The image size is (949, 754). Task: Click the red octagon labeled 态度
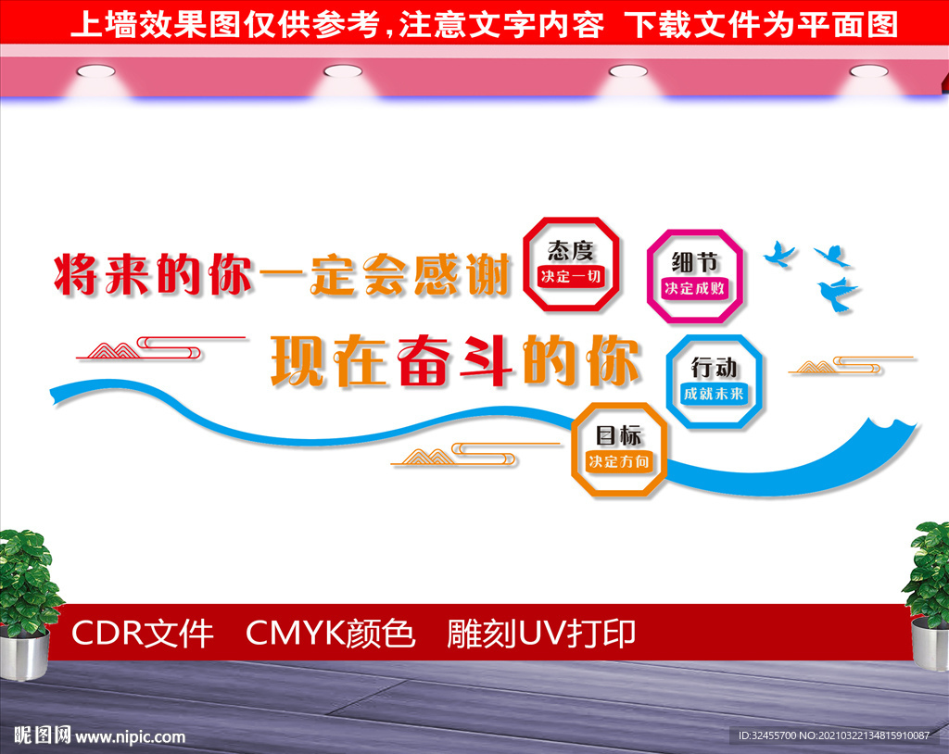pos(525,264)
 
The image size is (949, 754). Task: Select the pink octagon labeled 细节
pos(650,275)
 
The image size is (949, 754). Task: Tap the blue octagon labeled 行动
pos(669,382)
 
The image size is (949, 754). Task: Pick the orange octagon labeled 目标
pos(575,449)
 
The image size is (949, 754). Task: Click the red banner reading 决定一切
pos(571,277)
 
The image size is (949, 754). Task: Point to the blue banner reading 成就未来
pos(715,394)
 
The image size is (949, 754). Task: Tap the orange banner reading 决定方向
pos(619,461)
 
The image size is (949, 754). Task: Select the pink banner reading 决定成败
pos(695,288)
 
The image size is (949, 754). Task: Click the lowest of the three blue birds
pos(837,294)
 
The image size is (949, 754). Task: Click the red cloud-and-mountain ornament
pos(160,348)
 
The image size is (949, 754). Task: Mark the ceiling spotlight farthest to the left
pos(95,71)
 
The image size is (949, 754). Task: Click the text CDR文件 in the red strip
pos(142,634)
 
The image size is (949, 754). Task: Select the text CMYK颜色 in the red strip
pos(331,634)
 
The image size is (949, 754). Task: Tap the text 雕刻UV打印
pos(541,634)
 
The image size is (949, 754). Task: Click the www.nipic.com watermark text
pos(130,736)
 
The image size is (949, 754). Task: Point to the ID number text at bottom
pos(834,735)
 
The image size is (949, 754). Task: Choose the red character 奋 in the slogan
pos(424,360)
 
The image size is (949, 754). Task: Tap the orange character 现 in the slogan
pos(297,360)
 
